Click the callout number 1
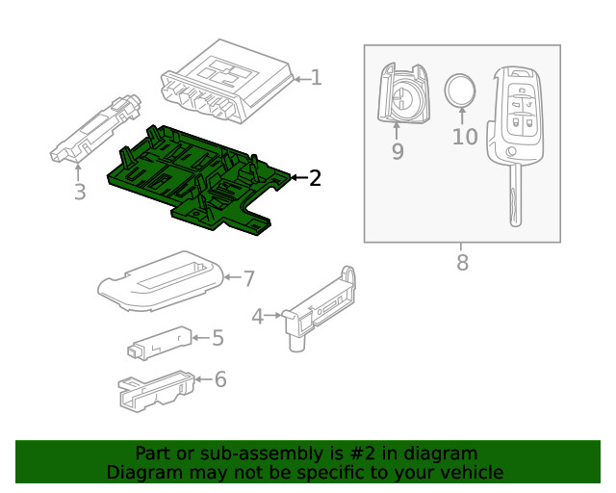click(x=316, y=78)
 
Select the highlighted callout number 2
click(x=315, y=177)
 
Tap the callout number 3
click(x=80, y=192)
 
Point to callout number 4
click(x=257, y=315)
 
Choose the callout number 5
click(x=218, y=337)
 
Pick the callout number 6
click(x=220, y=379)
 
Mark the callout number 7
click(x=248, y=278)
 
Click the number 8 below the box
click(x=462, y=262)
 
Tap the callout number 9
click(x=398, y=151)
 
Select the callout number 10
click(x=464, y=137)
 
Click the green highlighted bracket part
click(x=192, y=178)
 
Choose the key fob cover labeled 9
click(x=401, y=94)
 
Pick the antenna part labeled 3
click(x=96, y=131)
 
